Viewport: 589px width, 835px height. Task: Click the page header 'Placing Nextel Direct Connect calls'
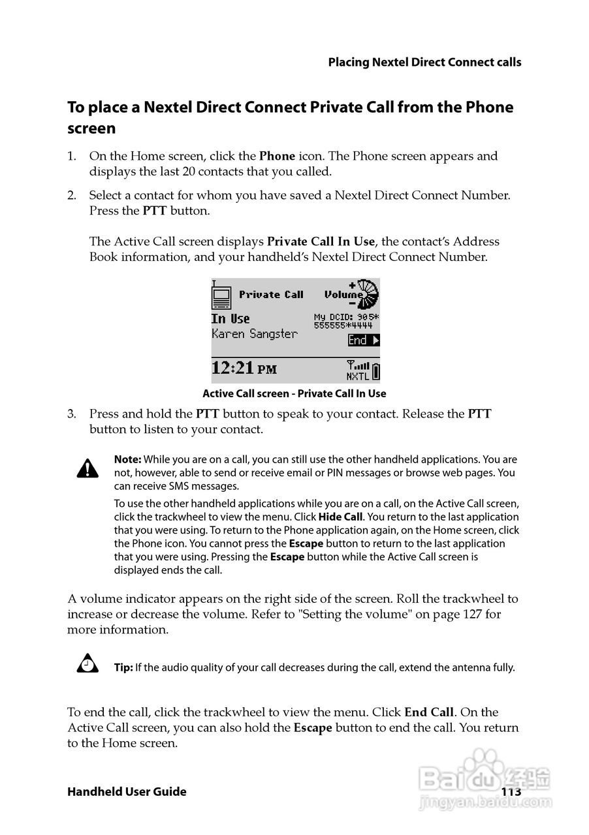424,63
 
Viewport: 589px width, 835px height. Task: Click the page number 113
511,791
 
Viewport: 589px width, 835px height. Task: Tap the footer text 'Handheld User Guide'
127,792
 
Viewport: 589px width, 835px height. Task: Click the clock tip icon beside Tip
88,665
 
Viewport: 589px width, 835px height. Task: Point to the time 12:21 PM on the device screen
244,368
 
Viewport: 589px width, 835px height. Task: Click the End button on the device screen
363,340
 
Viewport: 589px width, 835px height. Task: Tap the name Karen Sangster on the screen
254,334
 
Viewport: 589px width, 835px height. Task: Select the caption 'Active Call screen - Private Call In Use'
294,393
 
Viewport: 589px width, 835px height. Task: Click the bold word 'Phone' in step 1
277,157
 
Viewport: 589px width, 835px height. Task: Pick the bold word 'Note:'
127,459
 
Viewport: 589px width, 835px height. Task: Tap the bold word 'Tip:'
123,667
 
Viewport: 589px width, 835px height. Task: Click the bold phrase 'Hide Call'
340,517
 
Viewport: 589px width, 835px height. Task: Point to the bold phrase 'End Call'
429,712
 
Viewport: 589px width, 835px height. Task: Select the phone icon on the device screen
221,296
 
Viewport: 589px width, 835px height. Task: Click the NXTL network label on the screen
357,376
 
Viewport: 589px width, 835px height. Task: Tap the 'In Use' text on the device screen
231,318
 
